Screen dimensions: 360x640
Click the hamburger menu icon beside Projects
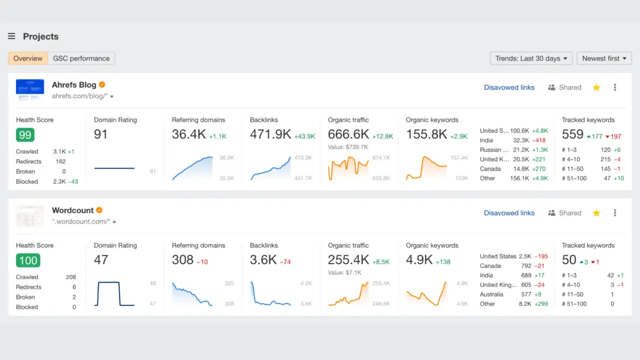11,36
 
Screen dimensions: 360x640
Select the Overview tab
28,58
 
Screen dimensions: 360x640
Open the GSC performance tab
82,58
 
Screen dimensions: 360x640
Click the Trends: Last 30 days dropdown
531,58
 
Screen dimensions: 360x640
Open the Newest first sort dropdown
604,58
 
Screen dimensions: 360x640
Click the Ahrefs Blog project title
74,85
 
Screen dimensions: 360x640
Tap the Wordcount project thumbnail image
30,216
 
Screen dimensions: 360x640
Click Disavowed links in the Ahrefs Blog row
509,88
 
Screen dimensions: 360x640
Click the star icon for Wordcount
596,213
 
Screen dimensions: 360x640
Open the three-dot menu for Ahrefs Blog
615,88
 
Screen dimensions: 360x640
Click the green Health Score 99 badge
25,135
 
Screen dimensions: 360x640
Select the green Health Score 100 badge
28,261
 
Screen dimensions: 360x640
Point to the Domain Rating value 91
101,134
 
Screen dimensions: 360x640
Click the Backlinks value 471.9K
270,134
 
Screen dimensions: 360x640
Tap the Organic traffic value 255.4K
348,260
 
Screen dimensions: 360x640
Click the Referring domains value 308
183,260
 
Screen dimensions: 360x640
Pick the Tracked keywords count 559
572,134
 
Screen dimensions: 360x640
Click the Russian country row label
494,150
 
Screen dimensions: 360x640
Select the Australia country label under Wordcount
491,294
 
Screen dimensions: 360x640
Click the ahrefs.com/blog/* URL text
79,96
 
